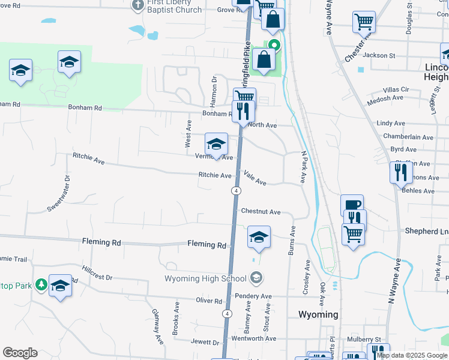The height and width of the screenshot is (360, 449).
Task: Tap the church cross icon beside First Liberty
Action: [x=137, y=5]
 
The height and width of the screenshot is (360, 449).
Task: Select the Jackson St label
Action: [x=379, y=55]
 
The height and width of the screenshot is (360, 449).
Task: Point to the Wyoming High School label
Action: [x=206, y=278]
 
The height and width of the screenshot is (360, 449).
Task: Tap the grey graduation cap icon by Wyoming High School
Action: [x=256, y=278]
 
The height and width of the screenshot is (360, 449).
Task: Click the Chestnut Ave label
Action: [x=261, y=212]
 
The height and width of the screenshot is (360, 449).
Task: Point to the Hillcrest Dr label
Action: [x=97, y=275]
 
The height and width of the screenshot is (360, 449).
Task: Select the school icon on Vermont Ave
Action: [x=216, y=145]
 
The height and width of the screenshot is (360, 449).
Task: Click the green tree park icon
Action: [x=41, y=284]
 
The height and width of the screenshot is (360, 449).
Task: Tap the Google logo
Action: [x=20, y=353]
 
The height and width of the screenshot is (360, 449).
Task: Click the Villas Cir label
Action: [x=396, y=89]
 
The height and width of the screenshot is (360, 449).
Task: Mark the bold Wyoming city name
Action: [x=319, y=314]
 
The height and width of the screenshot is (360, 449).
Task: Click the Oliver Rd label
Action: [x=209, y=301]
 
